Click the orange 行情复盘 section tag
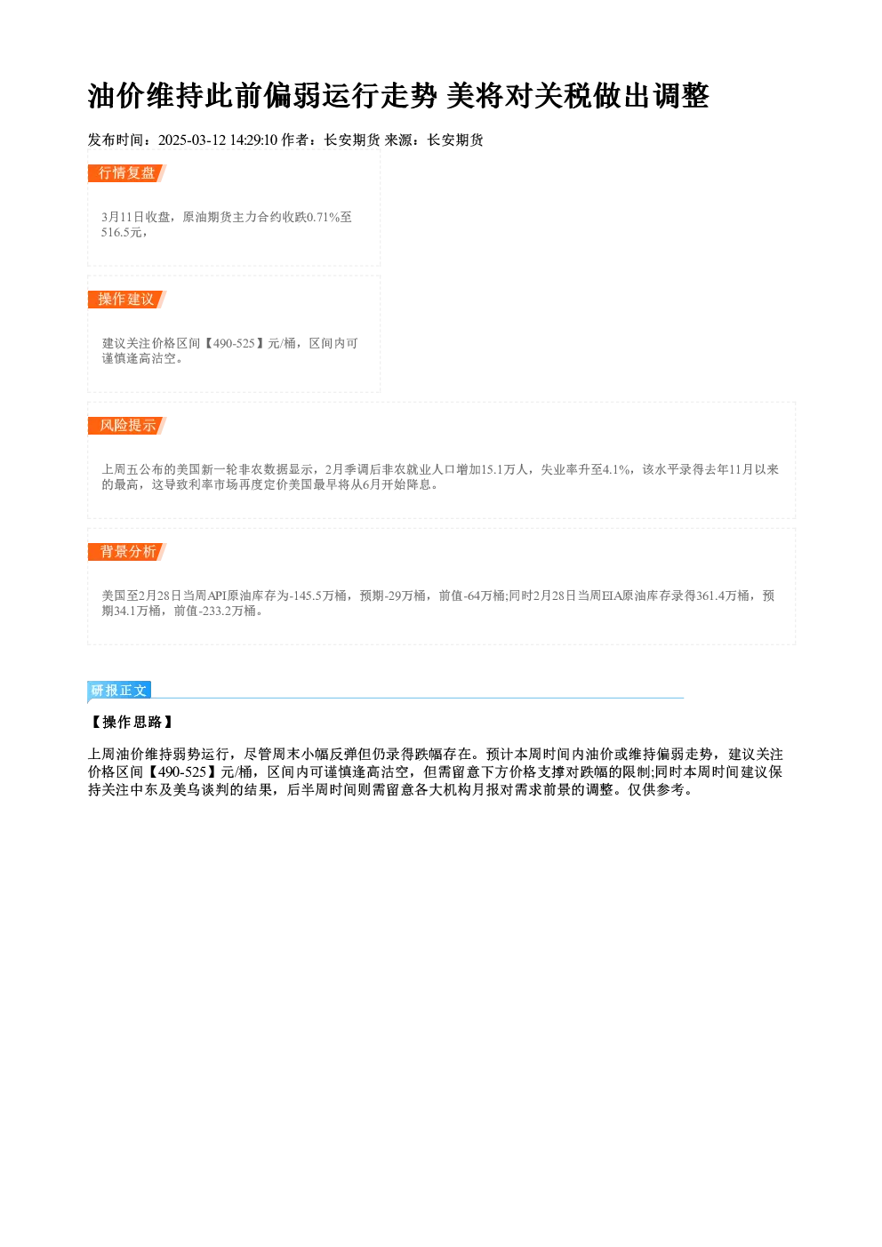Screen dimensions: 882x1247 point(127,173)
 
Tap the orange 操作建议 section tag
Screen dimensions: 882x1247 point(127,300)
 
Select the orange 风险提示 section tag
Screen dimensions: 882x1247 point(127,426)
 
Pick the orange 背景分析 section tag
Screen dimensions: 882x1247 point(127,552)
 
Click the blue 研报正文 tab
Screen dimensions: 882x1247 point(119,691)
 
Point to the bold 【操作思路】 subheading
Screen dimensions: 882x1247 point(132,722)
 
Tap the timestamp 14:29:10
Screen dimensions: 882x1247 point(253,140)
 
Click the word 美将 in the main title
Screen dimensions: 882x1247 point(475,96)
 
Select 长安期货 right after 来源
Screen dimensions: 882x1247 point(455,140)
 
